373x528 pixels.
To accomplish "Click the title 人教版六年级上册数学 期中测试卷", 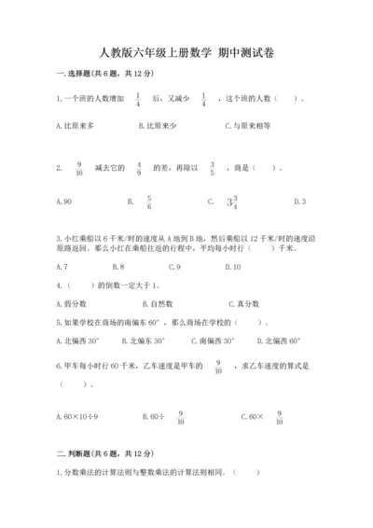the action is tap(186, 53).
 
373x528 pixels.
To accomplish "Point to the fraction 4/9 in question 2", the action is tap(139, 169).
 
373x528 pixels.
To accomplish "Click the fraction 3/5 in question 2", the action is tap(211, 169).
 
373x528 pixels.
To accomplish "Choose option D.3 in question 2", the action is tap(299, 201).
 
